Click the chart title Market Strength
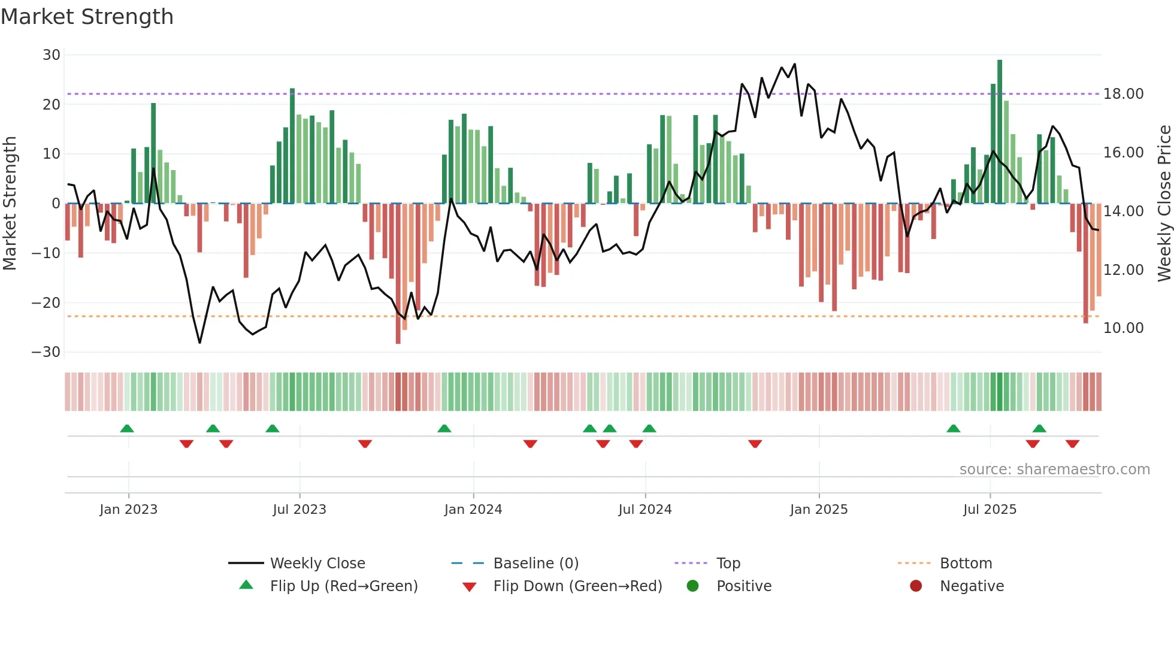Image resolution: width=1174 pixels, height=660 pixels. point(87,17)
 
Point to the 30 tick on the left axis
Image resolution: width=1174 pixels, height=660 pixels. point(52,55)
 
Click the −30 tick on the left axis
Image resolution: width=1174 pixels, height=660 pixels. point(46,352)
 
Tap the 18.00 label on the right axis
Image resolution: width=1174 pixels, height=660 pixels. point(1123,94)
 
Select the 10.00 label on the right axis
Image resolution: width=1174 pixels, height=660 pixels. point(1123,328)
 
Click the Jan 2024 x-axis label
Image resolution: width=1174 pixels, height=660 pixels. point(473,510)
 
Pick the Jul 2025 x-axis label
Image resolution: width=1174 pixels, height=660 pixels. point(990,510)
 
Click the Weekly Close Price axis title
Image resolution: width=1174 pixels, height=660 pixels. point(1164,204)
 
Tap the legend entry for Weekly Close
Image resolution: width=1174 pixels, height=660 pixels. point(317,564)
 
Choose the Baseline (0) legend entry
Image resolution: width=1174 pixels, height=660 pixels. point(535,564)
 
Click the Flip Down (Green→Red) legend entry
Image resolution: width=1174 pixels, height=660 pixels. point(577,586)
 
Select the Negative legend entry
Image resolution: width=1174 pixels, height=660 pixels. point(971,586)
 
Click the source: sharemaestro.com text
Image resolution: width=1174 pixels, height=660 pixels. point(1054,470)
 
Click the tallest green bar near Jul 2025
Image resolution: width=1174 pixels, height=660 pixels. point(1000,132)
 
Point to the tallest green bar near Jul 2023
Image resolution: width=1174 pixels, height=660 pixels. point(292,146)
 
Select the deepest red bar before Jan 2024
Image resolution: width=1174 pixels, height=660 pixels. point(398,273)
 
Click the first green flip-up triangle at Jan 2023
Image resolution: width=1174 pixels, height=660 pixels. point(127,428)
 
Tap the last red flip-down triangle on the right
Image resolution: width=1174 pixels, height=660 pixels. point(1072,444)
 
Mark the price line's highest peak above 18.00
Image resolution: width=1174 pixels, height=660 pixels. point(795,64)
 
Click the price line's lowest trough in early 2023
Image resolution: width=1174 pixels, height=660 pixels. point(199,343)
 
